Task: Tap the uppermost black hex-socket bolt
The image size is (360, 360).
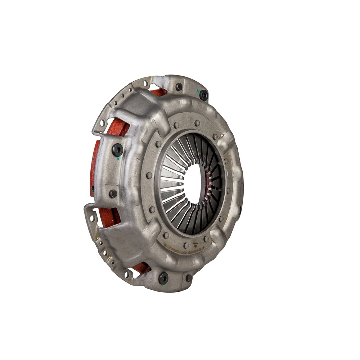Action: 204,95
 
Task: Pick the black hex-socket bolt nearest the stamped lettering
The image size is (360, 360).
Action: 163,278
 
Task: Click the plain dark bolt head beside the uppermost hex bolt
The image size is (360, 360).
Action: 179,87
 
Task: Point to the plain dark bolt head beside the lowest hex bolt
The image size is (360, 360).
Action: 189,278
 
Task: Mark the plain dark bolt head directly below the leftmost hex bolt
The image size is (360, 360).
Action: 113,194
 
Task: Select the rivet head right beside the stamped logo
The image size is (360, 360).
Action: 206,238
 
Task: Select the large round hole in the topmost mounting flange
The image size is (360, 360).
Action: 145,84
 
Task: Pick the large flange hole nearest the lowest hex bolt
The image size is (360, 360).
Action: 127,274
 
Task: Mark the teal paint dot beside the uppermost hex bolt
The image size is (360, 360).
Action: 198,91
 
